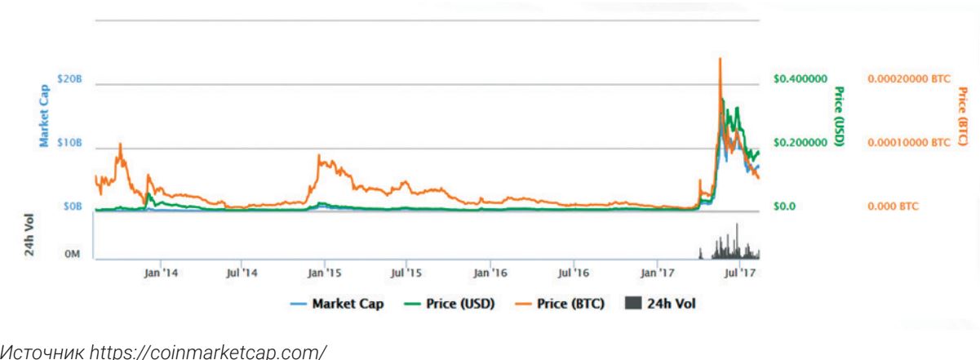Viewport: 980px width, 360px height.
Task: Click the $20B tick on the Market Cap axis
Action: pos(69,78)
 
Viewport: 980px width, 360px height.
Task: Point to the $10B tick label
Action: pos(69,143)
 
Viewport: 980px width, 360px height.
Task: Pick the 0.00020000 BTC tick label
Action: pos(907,78)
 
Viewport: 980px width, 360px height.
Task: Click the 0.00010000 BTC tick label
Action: pos(907,143)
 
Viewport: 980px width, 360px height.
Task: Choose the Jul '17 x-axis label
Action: pos(739,272)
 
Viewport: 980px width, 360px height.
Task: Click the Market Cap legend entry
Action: pos(337,304)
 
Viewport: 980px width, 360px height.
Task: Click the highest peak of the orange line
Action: pos(720,58)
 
